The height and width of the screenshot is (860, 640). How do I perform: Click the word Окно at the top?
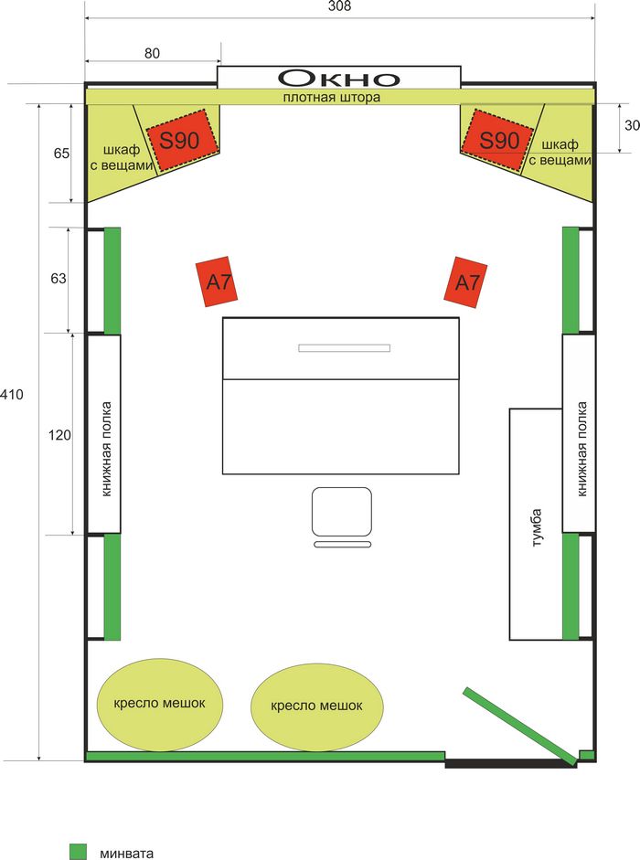pos(339,77)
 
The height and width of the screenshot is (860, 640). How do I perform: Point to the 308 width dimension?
pos(339,6)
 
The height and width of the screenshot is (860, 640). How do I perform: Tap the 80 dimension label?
pos(152,53)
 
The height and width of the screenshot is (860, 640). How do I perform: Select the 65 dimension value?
pos(61,154)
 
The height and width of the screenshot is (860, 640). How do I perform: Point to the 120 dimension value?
pos(59,435)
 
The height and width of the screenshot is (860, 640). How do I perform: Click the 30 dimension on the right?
pos(632,126)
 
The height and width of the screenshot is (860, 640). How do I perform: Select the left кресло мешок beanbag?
pos(160,704)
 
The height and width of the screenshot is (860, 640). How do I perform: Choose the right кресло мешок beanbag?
pos(317,706)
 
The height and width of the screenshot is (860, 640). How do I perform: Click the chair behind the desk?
pos(342,514)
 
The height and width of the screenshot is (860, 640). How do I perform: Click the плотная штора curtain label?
pos(331,97)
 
